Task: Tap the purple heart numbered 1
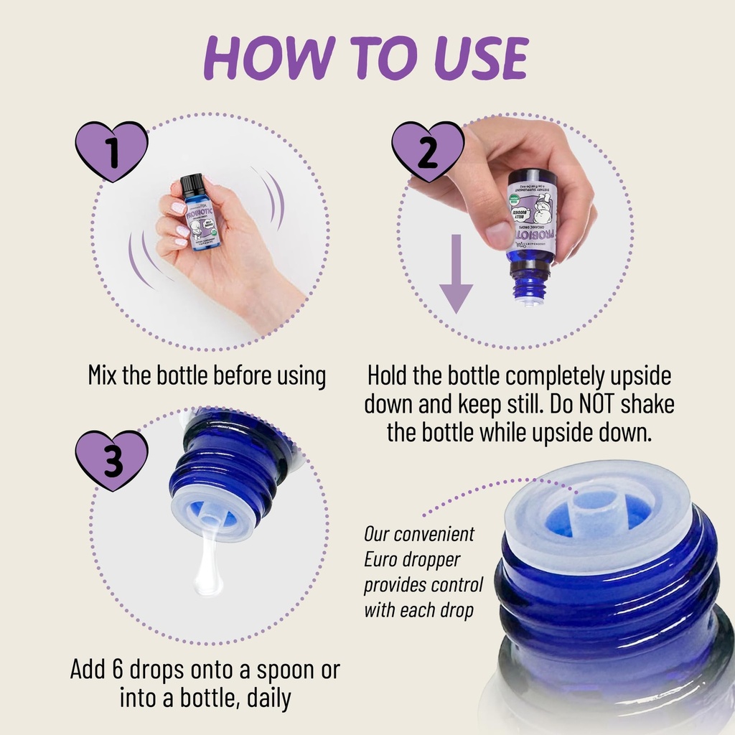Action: click(x=111, y=151)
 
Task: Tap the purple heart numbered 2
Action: click(x=428, y=151)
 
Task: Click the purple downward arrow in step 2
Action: click(x=456, y=280)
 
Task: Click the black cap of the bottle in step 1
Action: click(x=192, y=184)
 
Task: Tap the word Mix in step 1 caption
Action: click(x=103, y=375)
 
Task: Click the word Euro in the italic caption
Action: click(x=383, y=559)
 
